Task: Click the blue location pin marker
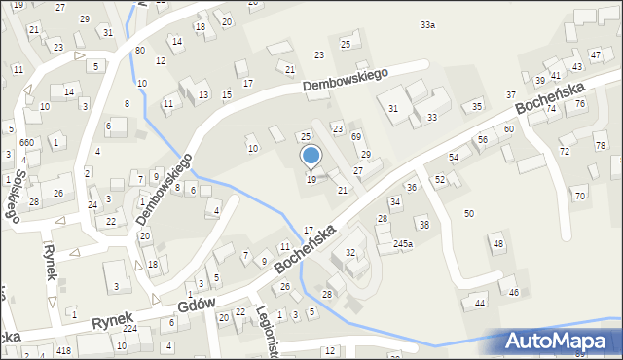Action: pyautogui.click(x=311, y=156)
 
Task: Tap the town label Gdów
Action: pyautogui.click(x=197, y=308)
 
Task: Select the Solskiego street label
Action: pyautogui.click(x=14, y=189)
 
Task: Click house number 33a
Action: pyautogui.click(x=427, y=24)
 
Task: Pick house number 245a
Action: pyautogui.click(x=403, y=243)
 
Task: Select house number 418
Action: pyautogui.click(x=64, y=350)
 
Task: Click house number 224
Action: pyautogui.click(x=129, y=329)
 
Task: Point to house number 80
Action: pyautogui.click(x=140, y=50)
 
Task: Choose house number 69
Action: pyautogui.click(x=356, y=137)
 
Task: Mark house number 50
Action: pyautogui.click(x=469, y=212)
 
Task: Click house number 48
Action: pyautogui.click(x=498, y=243)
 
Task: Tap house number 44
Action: pyautogui.click(x=479, y=304)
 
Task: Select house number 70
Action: pyautogui.click(x=580, y=196)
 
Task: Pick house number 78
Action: pyautogui.click(x=600, y=145)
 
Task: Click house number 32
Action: pyautogui.click(x=350, y=253)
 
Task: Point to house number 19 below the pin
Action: pyautogui.click(x=311, y=180)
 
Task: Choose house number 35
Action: pyautogui.click(x=477, y=105)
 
